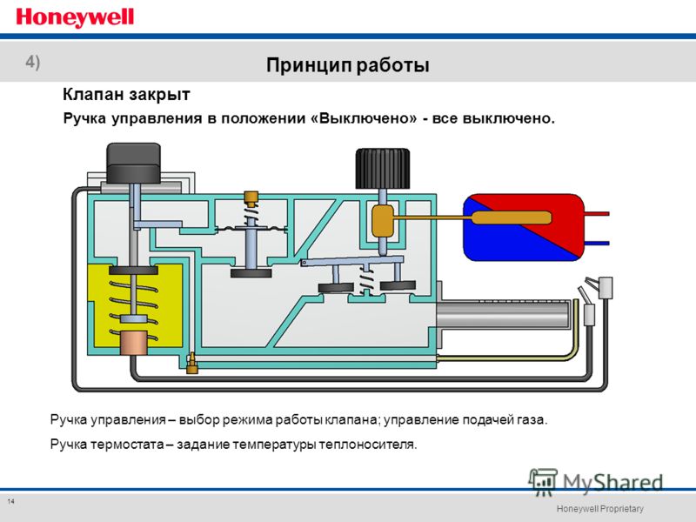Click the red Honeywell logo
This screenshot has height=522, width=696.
pyautogui.click(x=75, y=18)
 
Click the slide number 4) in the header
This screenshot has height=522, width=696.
pyautogui.click(x=33, y=62)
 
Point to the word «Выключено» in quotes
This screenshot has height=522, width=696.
pyautogui.click(x=368, y=118)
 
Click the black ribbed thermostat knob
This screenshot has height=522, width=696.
pyautogui.click(x=383, y=169)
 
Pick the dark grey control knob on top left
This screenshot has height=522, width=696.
pyautogui.click(x=133, y=163)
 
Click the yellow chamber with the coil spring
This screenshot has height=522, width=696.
pyautogui.click(x=135, y=305)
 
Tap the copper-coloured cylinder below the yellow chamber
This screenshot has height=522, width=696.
pyautogui.click(x=134, y=343)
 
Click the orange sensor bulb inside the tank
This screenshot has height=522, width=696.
pyautogui.click(x=512, y=217)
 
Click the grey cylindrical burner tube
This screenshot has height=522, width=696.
pyautogui.click(x=503, y=314)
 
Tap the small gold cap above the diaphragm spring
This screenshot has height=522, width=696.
pyautogui.click(x=251, y=198)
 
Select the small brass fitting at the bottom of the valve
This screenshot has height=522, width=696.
pyautogui.click(x=191, y=363)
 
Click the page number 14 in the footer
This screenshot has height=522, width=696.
pyautogui.click(x=10, y=502)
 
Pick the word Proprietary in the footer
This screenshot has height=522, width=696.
pyautogui.click(x=621, y=509)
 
